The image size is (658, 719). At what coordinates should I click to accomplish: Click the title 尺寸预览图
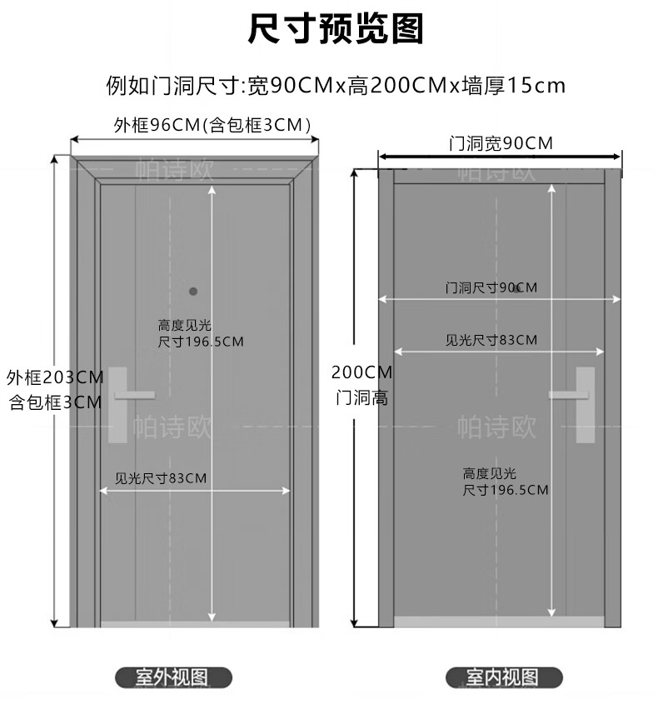point(336,29)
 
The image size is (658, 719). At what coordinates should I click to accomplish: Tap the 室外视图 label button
point(172,677)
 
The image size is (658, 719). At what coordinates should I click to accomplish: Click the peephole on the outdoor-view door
point(193,292)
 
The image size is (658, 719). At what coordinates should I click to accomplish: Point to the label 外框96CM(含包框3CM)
point(213,125)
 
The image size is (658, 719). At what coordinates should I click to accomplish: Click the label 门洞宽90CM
point(500,143)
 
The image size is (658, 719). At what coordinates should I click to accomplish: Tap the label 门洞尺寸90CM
point(491,287)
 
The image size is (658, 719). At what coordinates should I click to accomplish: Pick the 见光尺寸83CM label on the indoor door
point(491,340)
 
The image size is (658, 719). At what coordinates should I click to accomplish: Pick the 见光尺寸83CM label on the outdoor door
point(161,478)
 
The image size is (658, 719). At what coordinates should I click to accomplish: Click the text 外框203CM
point(55,377)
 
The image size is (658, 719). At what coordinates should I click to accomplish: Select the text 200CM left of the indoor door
point(361,372)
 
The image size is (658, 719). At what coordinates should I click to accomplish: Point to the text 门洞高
point(361,397)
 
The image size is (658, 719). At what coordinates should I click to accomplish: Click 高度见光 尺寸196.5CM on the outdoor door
point(201,333)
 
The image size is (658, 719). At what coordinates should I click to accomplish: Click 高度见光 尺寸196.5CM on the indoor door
point(506,482)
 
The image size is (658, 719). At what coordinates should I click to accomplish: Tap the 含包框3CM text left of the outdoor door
point(55,402)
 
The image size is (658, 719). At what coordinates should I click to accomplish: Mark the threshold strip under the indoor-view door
point(498,622)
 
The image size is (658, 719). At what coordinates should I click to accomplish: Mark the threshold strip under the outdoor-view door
point(195,623)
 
